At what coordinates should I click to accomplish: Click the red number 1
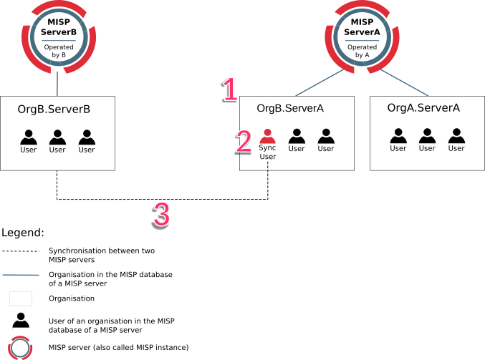[x=230, y=89]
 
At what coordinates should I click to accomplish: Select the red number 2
[x=244, y=141]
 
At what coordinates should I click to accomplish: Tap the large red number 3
[x=162, y=214]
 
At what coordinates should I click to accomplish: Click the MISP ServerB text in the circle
[x=58, y=29]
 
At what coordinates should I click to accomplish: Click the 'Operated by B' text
[x=58, y=51]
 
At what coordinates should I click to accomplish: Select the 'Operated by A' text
[x=356, y=51]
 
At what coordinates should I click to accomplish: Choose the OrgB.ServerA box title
[x=290, y=108]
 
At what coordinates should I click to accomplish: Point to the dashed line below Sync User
[x=267, y=165]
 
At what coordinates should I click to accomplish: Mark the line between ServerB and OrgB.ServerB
[x=57, y=84]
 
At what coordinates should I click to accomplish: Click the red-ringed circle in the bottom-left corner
[x=21, y=348]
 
